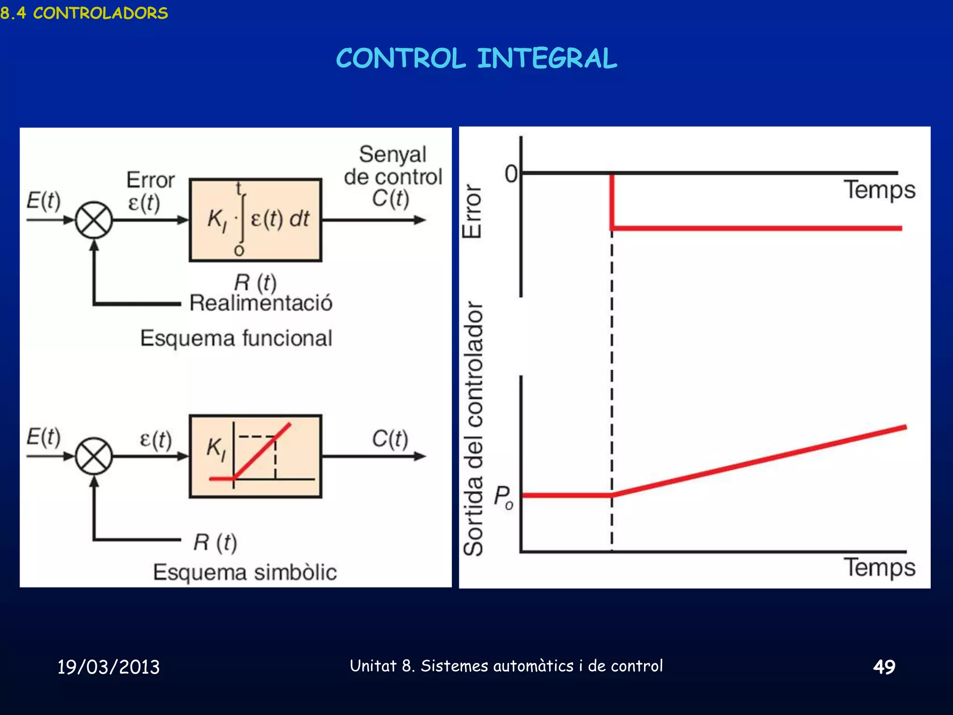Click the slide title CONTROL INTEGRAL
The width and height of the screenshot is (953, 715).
tap(476, 59)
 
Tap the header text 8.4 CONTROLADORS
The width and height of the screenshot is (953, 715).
tap(84, 13)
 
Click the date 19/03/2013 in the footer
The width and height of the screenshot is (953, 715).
tap(108, 667)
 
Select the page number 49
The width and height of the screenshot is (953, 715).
tap(884, 667)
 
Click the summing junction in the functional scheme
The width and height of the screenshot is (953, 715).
tap(94, 220)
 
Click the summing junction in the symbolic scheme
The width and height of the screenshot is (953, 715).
tap(94, 456)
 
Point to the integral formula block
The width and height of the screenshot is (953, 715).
tap(255, 220)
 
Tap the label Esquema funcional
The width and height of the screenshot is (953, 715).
tap(236, 338)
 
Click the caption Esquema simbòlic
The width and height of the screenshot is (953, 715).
tap(245, 572)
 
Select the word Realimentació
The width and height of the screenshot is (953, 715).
tap(261, 303)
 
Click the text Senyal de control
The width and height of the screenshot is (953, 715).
tap(393, 166)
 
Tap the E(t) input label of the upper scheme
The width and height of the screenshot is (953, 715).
tap(43, 201)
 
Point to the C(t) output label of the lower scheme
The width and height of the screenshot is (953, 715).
tap(390, 438)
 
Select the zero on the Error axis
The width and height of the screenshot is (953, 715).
tap(511, 174)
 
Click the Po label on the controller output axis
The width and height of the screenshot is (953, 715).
tap(503, 497)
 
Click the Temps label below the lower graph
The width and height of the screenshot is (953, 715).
tap(879, 567)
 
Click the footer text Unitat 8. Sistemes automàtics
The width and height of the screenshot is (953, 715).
tap(506, 666)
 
